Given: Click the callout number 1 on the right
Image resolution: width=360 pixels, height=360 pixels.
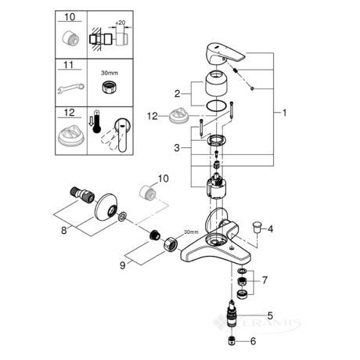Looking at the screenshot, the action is [x=284, y=113].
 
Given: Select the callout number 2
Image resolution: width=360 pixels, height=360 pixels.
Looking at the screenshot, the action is [x=178, y=94].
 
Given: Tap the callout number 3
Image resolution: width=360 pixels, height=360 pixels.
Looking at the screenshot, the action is [x=177, y=148].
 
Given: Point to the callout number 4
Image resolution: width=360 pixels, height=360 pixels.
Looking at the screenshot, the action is [x=270, y=229].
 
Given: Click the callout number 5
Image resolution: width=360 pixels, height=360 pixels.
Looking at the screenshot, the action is [x=270, y=315].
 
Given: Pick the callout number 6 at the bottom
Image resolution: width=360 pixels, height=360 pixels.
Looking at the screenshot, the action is [x=253, y=341].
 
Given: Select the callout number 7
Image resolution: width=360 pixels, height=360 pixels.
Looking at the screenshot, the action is [x=265, y=280].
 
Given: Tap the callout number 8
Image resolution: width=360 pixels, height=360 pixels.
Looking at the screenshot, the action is [x=64, y=231].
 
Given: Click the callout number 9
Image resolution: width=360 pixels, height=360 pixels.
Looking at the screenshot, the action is [x=122, y=265].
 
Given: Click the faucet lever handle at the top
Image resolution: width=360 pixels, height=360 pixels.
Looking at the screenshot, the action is [x=225, y=52].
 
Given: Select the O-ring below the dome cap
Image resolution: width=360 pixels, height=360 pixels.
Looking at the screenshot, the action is [x=216, y=106].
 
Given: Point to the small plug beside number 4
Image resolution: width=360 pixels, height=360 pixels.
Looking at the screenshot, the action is [x=255, y=226].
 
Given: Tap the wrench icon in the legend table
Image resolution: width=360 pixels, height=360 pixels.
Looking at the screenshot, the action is [x=71, y=88].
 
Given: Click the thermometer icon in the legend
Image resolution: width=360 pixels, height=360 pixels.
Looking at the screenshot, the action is [x=97, y=122].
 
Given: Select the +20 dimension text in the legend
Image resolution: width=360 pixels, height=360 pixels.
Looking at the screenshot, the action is [x=120, y=23].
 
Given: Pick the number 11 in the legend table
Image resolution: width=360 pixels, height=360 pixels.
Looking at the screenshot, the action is [x=69, y=65].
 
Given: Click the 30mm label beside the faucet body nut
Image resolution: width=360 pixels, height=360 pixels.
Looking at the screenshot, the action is [x=191, y=232].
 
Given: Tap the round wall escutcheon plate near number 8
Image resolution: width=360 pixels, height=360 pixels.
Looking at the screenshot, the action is [x=106, y=206].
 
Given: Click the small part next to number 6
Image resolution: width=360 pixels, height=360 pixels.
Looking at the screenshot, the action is [x=232, y=341].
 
